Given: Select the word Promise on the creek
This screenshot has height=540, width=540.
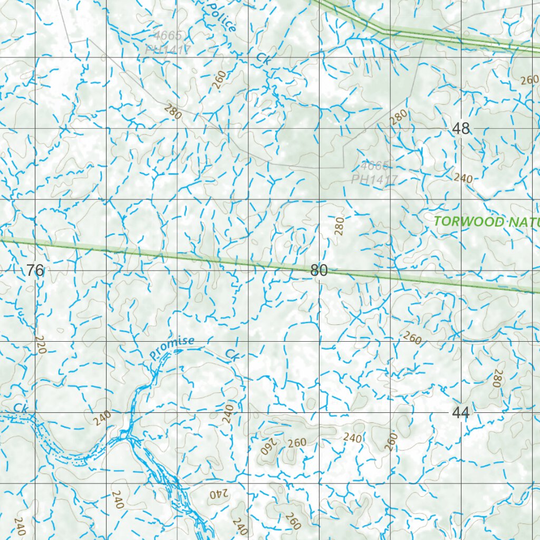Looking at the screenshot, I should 171,348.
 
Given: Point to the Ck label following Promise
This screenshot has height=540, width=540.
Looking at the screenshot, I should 232,354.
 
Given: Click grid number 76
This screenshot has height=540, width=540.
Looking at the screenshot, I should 35,271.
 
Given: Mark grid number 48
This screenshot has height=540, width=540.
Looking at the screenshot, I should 461,129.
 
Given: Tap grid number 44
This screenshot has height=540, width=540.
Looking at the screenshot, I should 461,413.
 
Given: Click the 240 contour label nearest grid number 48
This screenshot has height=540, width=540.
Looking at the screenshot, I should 463,178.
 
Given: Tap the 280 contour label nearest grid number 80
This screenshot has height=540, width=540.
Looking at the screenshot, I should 339,225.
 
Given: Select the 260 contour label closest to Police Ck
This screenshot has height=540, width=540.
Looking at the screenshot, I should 220,79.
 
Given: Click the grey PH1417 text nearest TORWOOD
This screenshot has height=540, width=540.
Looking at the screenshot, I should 374,180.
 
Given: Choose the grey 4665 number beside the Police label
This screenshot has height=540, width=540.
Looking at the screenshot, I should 168,36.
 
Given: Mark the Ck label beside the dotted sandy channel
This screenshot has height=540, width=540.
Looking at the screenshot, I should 20,408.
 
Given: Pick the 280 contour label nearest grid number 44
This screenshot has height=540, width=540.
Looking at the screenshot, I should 497,378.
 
